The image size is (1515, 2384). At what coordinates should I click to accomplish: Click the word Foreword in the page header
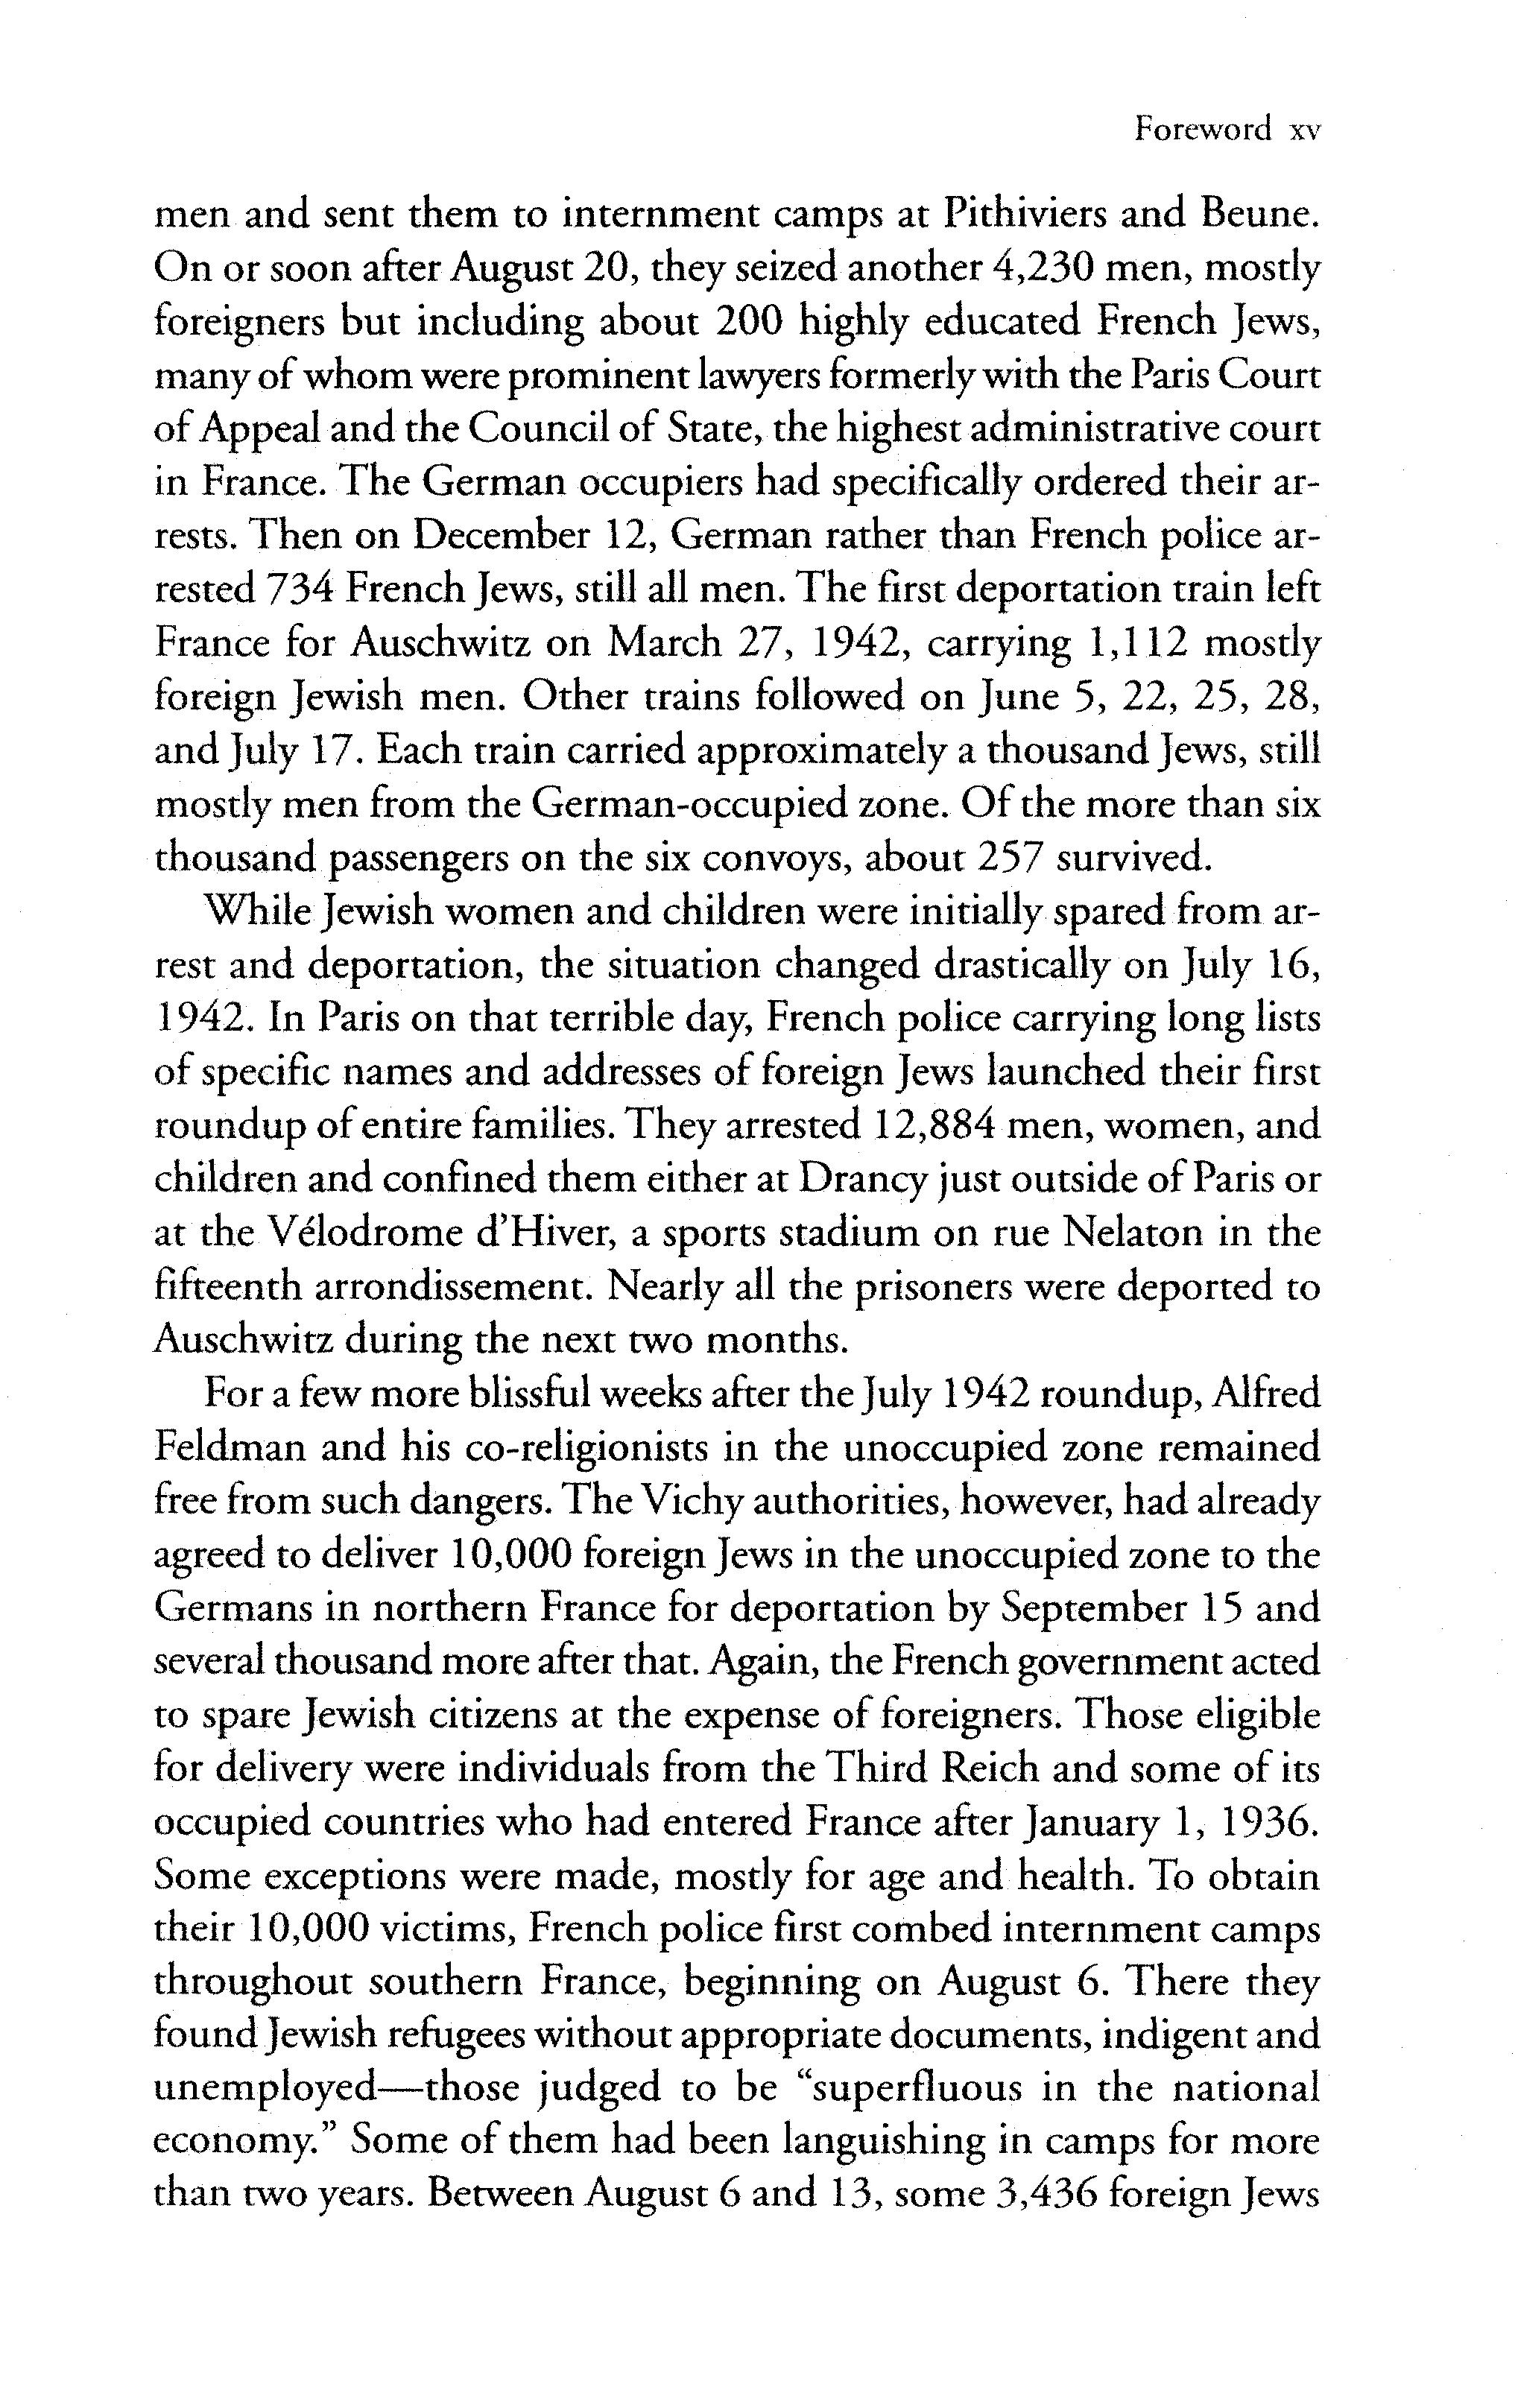point(1202,130)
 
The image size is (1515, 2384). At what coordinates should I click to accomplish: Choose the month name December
point(502,536)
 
